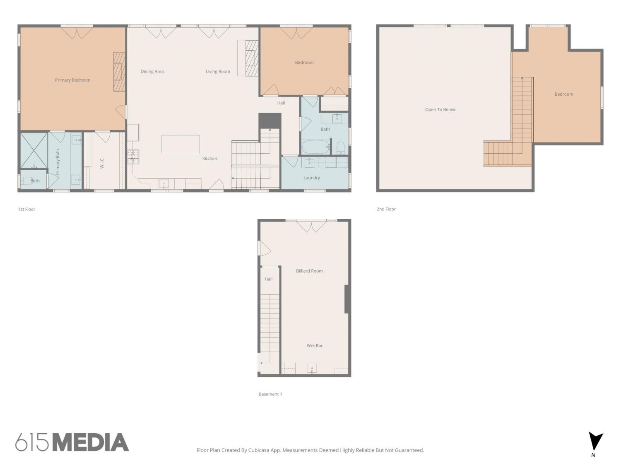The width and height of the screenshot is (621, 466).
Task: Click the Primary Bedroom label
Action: pos(73,80)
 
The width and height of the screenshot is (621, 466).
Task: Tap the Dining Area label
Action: pos(152,72)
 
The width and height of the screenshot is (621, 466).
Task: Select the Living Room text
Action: pos(218,72)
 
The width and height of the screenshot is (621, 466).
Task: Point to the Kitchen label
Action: pos(209,159)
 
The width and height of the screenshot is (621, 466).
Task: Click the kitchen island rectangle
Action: pos(181,144)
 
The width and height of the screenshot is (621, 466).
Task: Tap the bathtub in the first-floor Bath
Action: pos(316,147)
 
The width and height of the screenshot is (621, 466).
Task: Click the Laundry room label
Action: pos(311,178)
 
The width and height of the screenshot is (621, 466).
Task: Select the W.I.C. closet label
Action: pos(102,163)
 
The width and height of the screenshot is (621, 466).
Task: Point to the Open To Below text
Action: pos(440,109)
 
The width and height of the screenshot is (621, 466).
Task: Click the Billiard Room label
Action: pos(309,271)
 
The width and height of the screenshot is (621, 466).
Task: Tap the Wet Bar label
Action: pos(315,345)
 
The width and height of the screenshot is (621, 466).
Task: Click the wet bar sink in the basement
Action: pos(312,368)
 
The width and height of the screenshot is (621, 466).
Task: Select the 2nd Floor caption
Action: pos(386,209)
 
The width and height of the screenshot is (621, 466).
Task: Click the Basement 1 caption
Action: pos(270,394)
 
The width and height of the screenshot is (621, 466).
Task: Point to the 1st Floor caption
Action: pos(26,209)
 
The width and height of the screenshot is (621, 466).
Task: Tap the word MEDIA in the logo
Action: pos(91,442)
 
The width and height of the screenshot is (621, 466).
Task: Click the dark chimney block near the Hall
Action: pos(270,121)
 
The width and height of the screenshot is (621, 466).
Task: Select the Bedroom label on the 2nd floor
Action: pos(564,94)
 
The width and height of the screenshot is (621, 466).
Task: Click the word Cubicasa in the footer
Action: pos(260,450)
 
